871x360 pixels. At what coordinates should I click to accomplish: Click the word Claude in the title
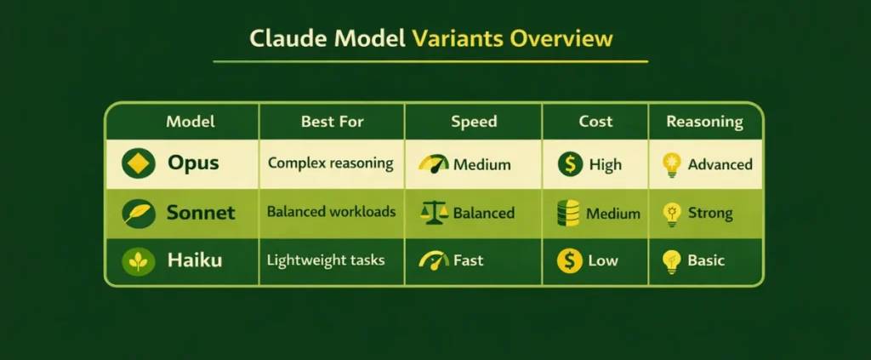click(281, 40)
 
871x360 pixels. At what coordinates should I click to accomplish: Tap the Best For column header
click(332, 122)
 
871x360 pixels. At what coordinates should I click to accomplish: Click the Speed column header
click(474, 122)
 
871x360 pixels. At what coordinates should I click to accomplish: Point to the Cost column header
click(595, 122)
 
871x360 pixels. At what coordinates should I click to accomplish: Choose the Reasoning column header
click(704, 122)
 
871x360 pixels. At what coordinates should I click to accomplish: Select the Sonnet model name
click(201, 213)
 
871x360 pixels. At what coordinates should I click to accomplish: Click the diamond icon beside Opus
click(138, 163)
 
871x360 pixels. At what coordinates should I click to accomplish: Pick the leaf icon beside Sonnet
click(138, 213)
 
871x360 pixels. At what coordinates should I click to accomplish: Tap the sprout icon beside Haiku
click(138, 261)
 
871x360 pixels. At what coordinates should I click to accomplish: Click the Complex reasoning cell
click(331, 163)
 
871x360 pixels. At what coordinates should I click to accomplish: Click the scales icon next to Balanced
click(435, 213)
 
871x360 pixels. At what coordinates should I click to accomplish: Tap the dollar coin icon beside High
click(570, 164)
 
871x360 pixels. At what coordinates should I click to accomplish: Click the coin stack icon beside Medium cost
click(568, 213)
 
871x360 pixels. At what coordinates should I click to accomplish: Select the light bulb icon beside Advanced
click(673, 165)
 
